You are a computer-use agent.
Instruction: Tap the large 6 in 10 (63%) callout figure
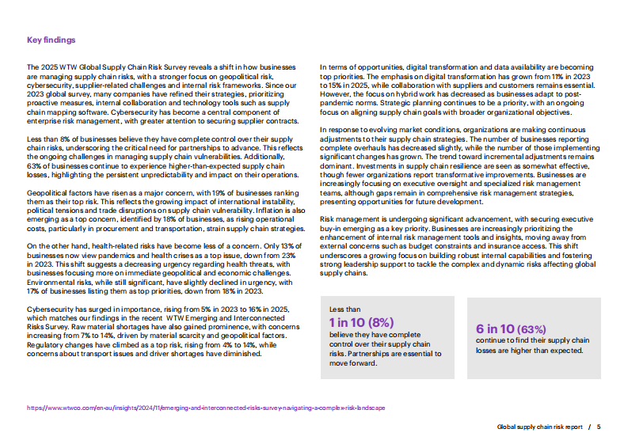point(510,328)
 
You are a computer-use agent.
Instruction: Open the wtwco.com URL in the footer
point(206,408)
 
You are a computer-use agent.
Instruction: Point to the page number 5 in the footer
point(599,426)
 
